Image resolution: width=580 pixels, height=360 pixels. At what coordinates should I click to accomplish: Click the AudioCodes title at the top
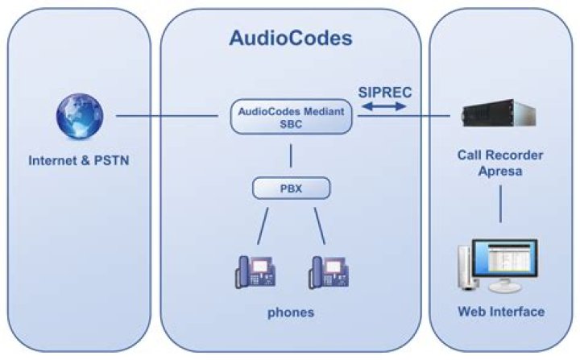point(290,38)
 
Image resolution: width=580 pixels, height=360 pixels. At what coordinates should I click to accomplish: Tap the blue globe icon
point(79,117)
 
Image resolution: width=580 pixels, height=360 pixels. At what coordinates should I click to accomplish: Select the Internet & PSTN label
point(79,159)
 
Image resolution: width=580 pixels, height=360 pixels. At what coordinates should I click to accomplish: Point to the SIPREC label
point(384,93)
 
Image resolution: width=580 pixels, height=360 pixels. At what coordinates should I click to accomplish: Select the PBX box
point(292,189)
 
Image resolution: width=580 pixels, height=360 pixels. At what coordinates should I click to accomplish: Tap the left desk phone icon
point(254,272)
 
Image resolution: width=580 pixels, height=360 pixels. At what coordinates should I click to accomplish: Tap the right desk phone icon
point(327,272)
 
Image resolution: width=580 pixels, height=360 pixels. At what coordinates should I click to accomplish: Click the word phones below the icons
point(291,312)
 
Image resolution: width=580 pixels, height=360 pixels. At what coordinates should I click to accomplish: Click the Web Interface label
point(500,312)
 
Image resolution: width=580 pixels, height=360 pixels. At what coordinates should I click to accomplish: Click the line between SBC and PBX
point(292,156)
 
